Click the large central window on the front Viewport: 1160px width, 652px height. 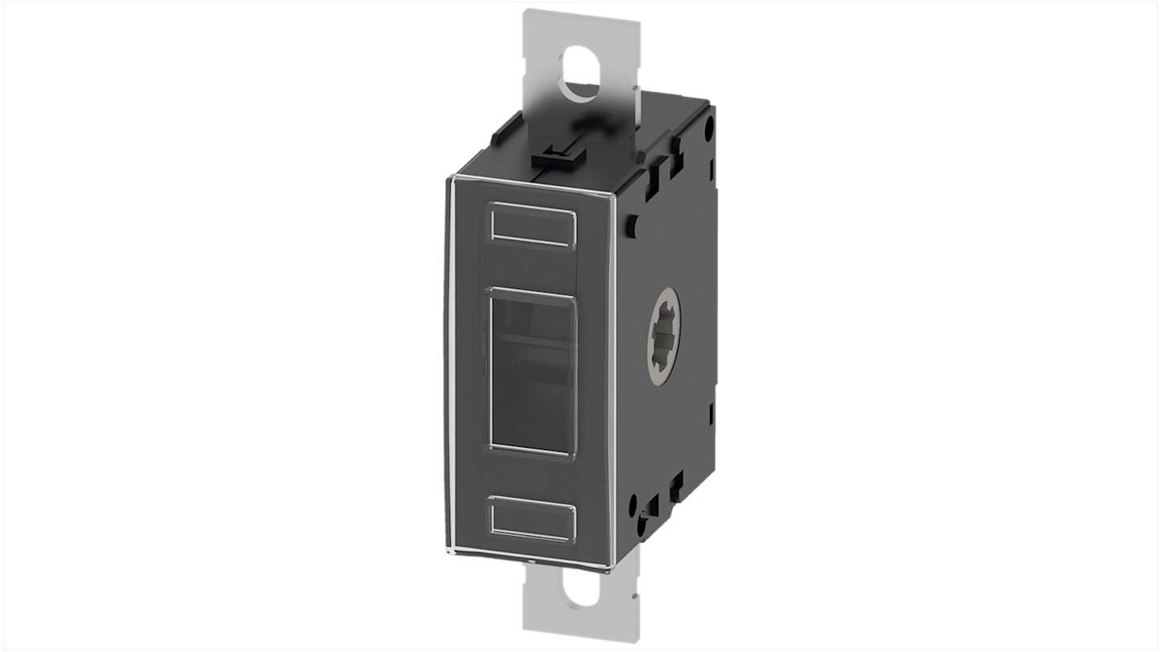(x=533, y=369)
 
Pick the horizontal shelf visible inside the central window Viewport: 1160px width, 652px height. (x=531, y=335)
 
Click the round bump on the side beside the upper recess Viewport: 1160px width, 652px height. (x=634, y=221)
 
